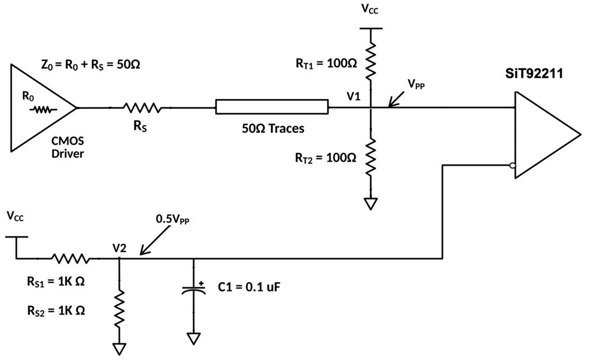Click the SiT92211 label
coord(534,74)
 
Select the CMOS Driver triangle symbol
coord(43,108)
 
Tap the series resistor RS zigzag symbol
coord(142,108)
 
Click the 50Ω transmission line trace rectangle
coord(272,106)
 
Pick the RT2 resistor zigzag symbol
coord(371,156)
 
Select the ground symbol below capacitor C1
coord(194,338)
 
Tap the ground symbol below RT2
coord(371,204)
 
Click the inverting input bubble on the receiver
coord(512,166)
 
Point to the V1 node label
coord(354,97)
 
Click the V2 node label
coord(120,248)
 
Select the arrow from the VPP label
coord(397,99)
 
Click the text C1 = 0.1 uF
coord(249,287)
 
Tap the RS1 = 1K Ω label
coord(56,281)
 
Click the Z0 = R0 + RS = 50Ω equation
coord(90,65)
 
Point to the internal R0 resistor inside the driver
coord(44,110)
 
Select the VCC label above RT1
coord(370,9)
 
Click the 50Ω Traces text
coord(273,128)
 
